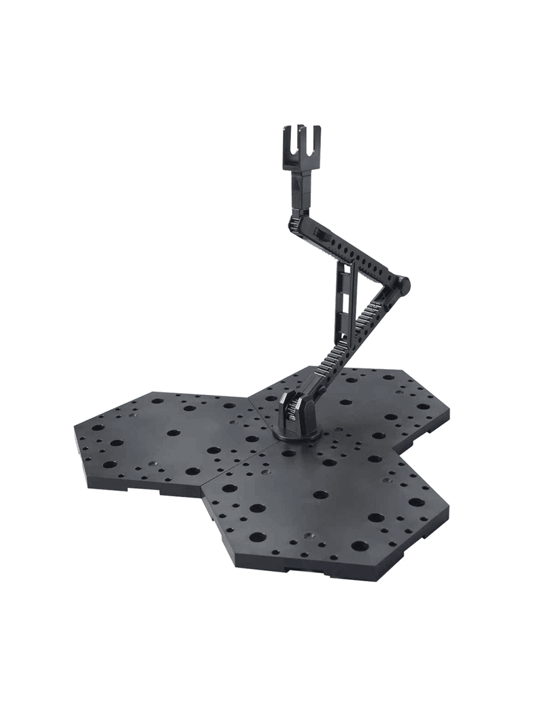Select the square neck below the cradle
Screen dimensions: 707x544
click(x=303, y=184)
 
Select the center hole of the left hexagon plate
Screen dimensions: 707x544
click(x=173, y=432)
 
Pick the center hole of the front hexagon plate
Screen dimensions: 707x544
click(x=320, y=494)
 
